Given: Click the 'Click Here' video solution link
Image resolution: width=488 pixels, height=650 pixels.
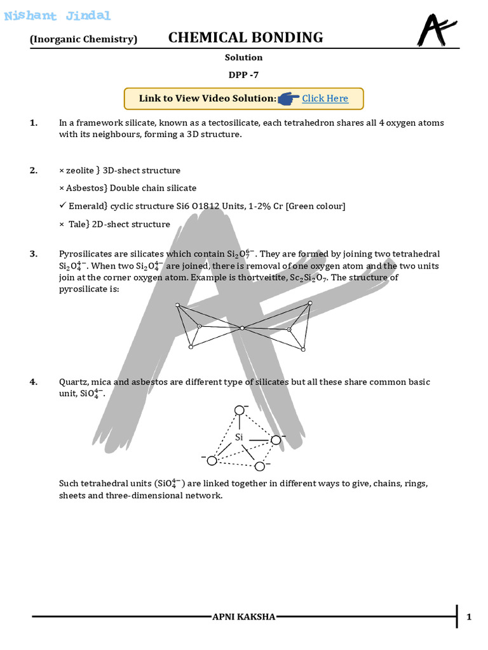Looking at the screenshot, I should pyautogui.click(x=325, y=98).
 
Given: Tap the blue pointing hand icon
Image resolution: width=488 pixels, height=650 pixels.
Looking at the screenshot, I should pyautogui.click(x=288, y=98).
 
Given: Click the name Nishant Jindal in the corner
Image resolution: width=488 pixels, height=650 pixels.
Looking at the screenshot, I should pyautogui.click(x=57, y=16).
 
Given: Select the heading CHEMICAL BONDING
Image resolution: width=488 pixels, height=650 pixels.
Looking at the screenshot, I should pyautogui.click(x=245, y=37).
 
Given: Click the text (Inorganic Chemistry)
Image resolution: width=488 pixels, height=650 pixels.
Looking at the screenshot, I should pyautogui.click(x=83, y=39).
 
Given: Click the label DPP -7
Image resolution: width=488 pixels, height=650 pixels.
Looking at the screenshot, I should pyautogui.click(x=243, y=75).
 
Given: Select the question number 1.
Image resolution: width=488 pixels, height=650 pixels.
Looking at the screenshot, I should pyautogui.click(x=33, y=123).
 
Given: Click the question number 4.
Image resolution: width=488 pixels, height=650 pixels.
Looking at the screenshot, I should pyautogui.click(x=33, y=381).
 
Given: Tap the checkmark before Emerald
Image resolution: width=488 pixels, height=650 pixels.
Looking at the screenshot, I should pyautogui.click(x=62, y=206).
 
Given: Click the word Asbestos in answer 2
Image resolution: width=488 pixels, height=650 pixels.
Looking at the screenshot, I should pyautogui.click(x=87, y=188).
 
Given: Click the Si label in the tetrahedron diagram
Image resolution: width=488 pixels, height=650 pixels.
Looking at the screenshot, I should pyautogui.click(x=239, y=437).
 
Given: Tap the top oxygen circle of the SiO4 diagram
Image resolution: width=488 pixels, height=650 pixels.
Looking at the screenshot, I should pyautogui.click(x=239, y=410).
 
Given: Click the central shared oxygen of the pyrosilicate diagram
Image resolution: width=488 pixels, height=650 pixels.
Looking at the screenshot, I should pyautogui.click(x=242, y=328).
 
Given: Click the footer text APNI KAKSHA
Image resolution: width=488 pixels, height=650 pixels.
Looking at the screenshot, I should pyautogui.click(x=244, y=617).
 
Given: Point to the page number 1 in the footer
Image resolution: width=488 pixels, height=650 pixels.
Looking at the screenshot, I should pyautogui.click(x=469, y=617).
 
